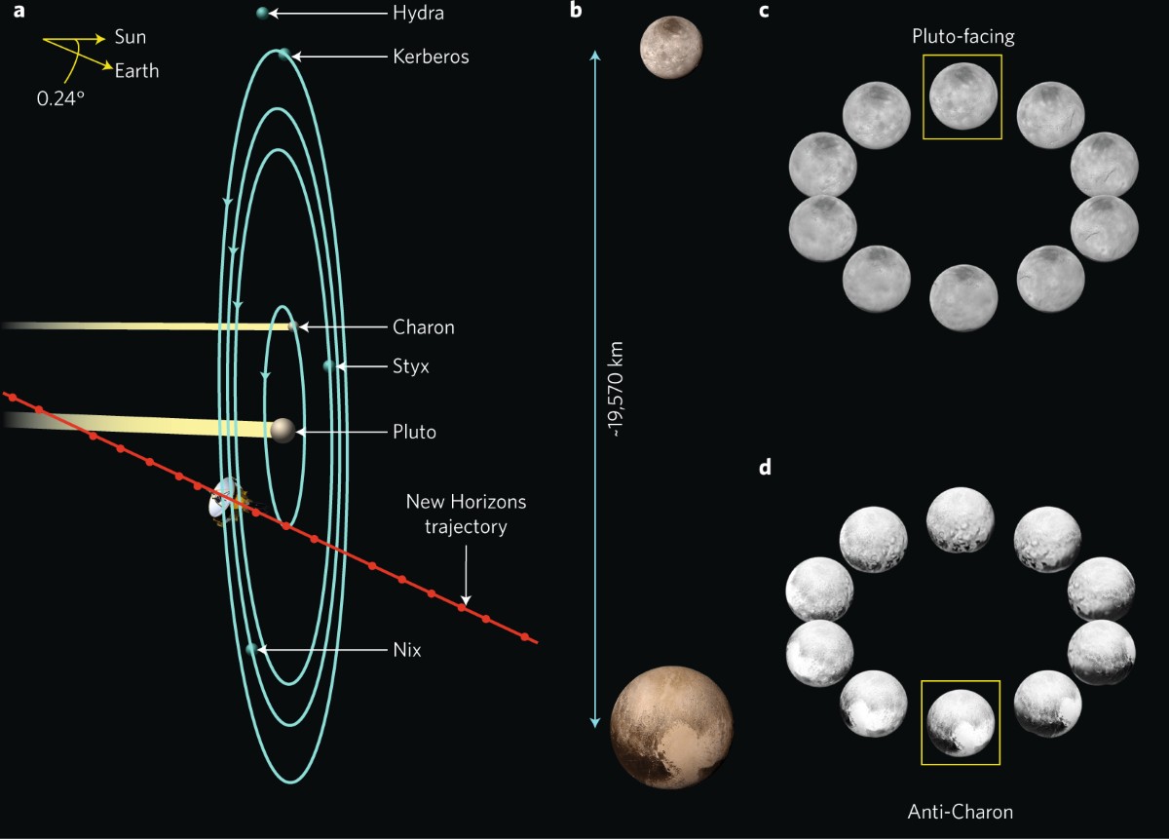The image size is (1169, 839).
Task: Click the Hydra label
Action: pos(418,15)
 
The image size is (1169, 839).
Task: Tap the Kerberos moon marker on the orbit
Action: pos(283,56)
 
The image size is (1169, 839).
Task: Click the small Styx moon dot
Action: pos(329,366)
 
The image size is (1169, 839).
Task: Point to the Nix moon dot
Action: pos(251,648)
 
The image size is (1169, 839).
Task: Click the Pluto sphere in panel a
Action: pos(283,430)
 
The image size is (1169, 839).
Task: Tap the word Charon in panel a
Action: pos(423,327)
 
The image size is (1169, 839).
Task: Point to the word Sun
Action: pos(130,37)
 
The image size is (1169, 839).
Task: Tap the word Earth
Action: pos(136,70)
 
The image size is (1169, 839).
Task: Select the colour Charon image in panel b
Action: pos(671,47)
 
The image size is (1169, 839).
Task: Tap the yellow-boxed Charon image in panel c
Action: pos(962,95)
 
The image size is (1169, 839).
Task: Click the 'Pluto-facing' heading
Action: pos(962,37)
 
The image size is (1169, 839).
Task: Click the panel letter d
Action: pos(765,468)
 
